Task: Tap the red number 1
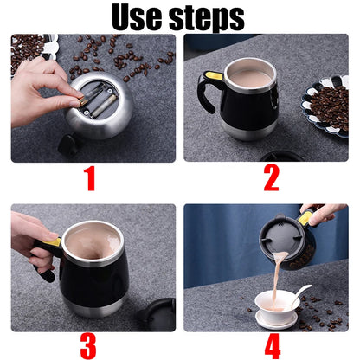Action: (88, 181)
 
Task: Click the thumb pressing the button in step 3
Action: (48, 243)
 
